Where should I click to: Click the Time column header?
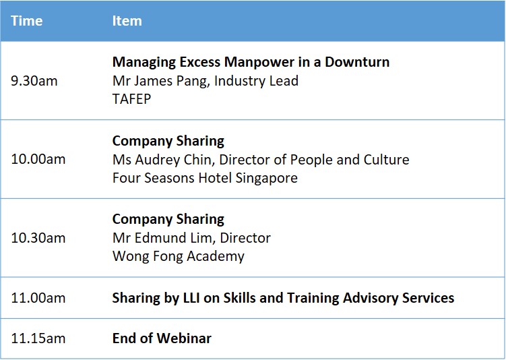[27, 21]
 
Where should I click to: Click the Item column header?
[127, 21]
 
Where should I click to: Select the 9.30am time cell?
[34, 81]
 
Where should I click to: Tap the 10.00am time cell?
[38, 159]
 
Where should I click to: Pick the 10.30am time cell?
[38, 238]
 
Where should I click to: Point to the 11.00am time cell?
[38, 298]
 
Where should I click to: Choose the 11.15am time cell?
[38, 338]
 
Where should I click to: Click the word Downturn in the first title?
[357, 62]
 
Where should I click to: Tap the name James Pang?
[170, 81]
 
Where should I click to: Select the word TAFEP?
[131, 99]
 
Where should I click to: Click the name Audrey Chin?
[175, 160]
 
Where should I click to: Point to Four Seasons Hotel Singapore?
[205, 178]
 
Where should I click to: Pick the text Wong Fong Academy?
[179, 256]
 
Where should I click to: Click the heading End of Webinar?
[162, 338]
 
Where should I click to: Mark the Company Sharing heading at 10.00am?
[168, 141]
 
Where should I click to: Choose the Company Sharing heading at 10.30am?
[168, 219]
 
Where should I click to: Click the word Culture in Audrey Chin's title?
[386, 160]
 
